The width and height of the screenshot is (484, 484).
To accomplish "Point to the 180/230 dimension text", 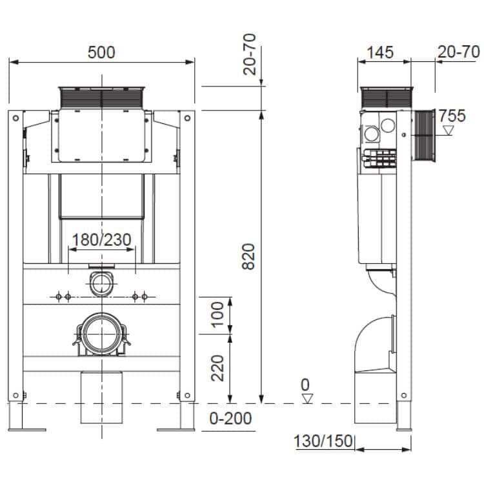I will point(101,241).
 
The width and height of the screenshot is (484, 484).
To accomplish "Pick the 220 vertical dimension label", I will point(219,368).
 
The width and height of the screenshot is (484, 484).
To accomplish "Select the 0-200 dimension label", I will point(230,418).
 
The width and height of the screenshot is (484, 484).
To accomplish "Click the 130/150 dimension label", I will point(323,442).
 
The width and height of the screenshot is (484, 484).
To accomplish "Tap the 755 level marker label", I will point(452,116).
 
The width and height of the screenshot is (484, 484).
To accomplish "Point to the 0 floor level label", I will point(305,385).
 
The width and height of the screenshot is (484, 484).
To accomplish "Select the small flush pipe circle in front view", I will point(101,283).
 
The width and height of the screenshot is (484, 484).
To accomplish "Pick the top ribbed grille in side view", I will point(387,97).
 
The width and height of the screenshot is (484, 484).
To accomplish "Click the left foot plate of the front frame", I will point(27,429).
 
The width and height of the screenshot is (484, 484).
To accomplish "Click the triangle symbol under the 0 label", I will point(307,398).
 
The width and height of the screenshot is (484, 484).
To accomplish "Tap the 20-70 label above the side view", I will point(458,52).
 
